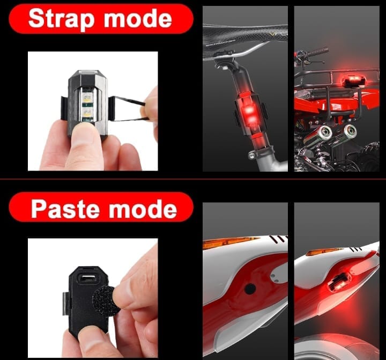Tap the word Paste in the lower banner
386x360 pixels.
[66, 209]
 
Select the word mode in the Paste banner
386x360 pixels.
[143, 209]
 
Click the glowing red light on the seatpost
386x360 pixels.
[249, 115]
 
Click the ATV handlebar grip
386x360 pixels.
[318, 52]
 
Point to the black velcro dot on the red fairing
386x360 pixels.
[250, 289]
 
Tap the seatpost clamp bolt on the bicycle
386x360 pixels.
[251, 155]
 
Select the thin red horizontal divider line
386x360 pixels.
[193, 179]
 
